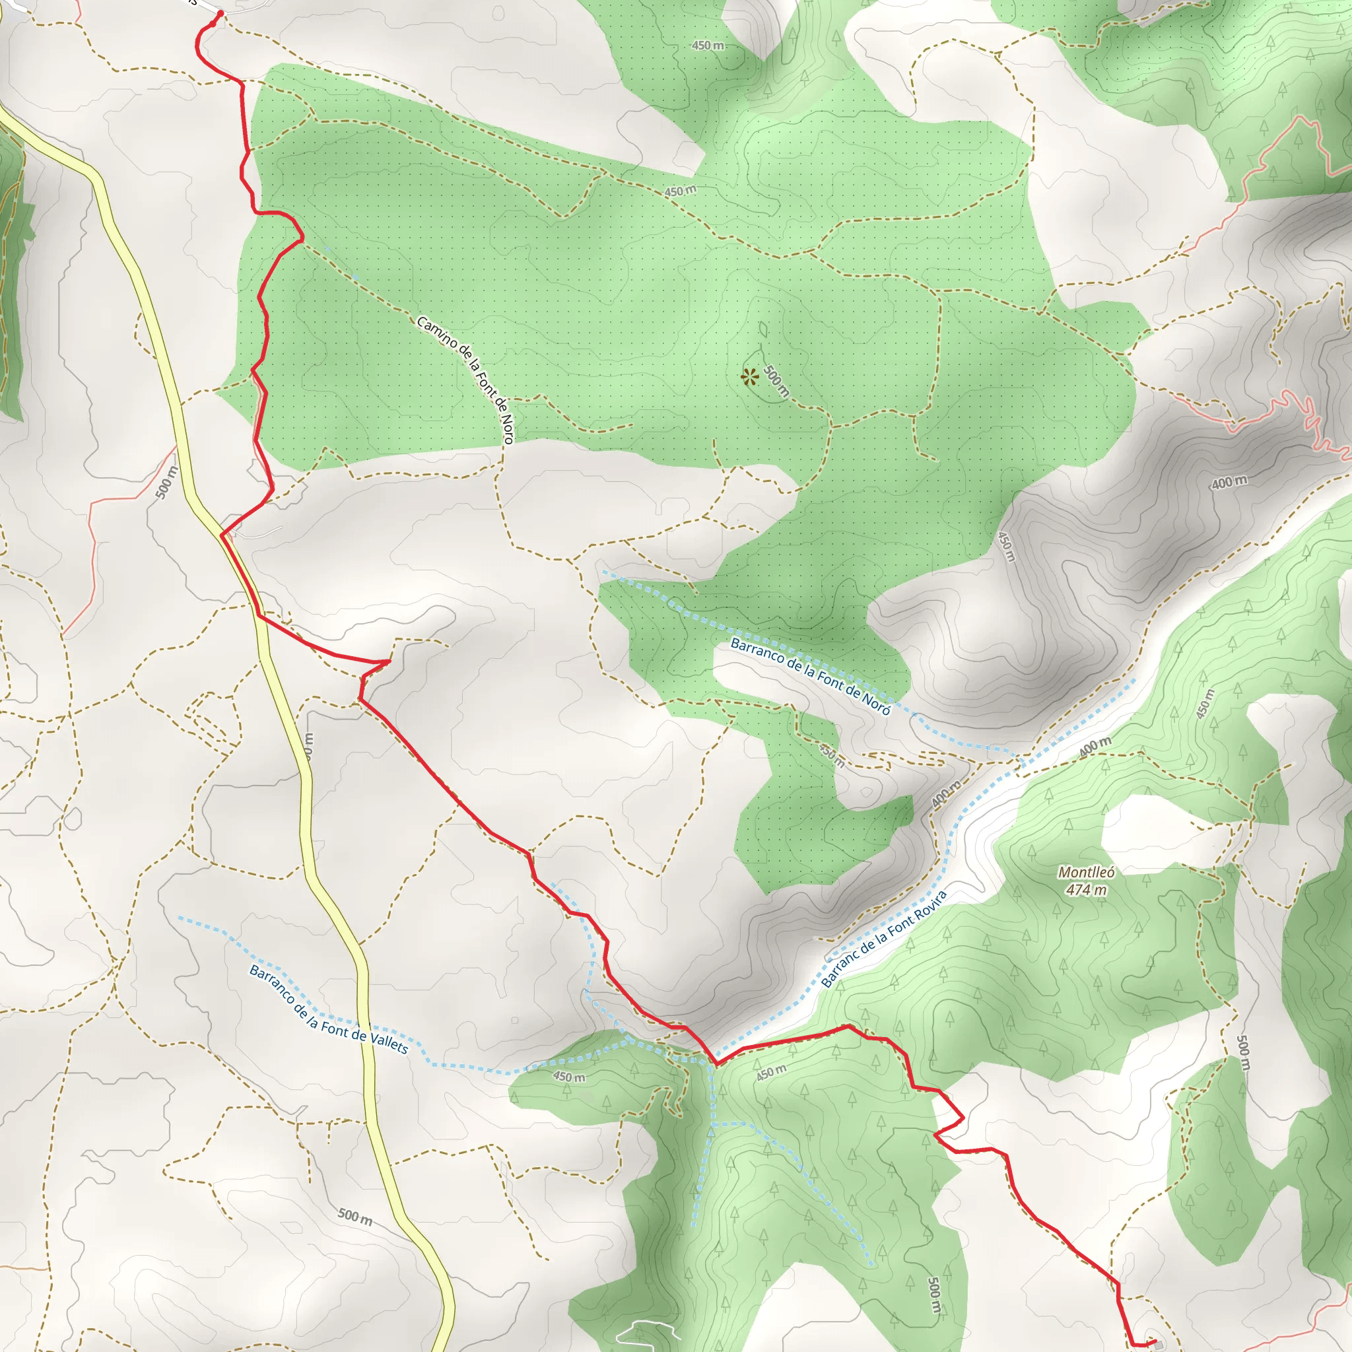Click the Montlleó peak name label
tap(1086, 872)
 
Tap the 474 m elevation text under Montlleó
tap(1086, 889)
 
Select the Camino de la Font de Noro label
tap(466, 380)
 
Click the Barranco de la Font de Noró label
tap(811, 676)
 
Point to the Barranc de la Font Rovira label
tap(883, 939)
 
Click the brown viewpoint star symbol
tap(749, 377)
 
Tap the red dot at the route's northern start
tap(220, 13)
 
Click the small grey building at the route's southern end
tap(1159, 1344)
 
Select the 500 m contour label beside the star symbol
tap(776, 382)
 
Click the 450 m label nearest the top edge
tap(708, 46)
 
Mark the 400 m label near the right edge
tap(1229, 482)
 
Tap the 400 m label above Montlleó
tap(1095, 747)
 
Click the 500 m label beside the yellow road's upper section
tap(166, 482)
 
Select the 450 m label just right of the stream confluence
tap(771, 1072)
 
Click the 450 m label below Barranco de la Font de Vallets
tap(569, 1077)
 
